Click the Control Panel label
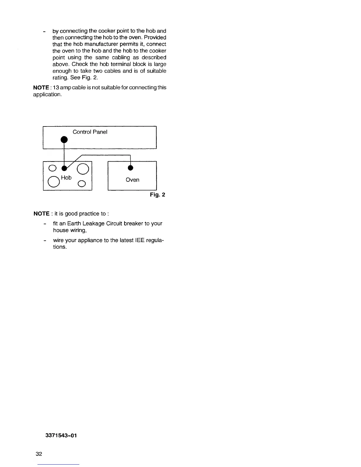90,132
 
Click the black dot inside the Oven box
130,168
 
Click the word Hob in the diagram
66,177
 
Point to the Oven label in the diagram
132,180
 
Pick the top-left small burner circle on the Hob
52,168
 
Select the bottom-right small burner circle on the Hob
82,184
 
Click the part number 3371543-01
61,436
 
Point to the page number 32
39,454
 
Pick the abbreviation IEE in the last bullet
139,240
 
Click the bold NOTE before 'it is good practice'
42,213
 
